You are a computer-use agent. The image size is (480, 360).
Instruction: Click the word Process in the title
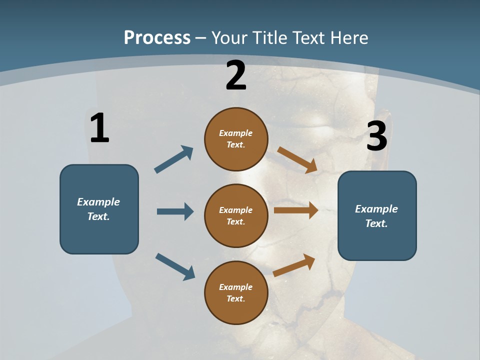click(x=157, y=37)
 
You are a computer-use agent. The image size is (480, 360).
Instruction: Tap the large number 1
click(x=99, y=128)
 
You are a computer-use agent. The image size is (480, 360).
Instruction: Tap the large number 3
click(x=376, y=136)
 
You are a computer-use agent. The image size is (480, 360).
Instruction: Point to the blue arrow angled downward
click(x=175, y=266)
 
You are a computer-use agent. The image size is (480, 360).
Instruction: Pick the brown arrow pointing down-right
click(x=297, y=160)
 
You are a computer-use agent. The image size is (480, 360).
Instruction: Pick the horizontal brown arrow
click(x=296, y=210)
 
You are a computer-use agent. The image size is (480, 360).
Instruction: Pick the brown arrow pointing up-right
click(x=294, y=265)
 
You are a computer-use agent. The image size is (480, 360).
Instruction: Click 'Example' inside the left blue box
click(x=98, y=202)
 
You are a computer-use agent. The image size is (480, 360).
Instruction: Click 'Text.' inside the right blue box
click(x=376, y=223)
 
